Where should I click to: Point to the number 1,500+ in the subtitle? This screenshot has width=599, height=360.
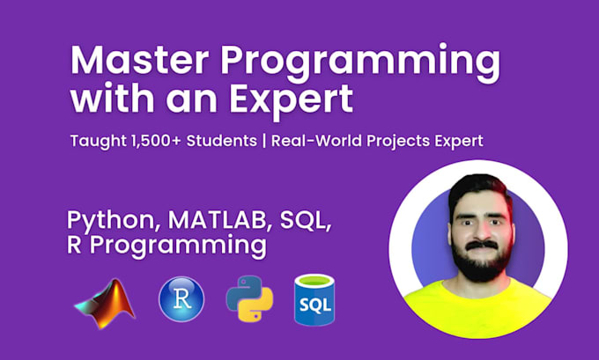165,141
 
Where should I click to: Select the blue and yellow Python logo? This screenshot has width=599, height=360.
248,300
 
